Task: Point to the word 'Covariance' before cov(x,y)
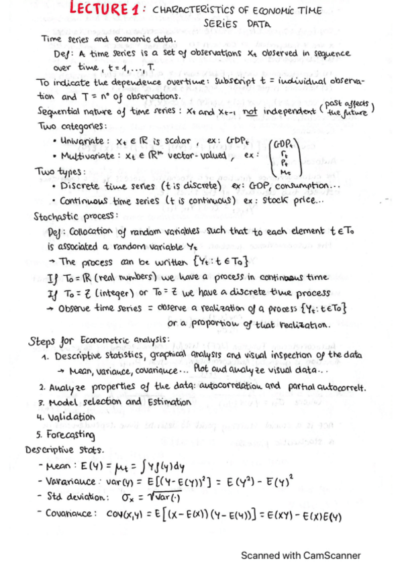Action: (69, 513)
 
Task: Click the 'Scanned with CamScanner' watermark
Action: (301, 555)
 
